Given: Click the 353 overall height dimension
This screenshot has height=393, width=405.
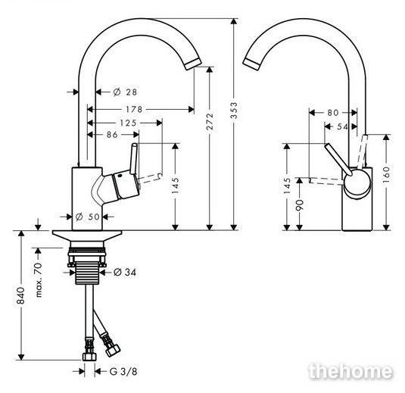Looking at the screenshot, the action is (x=234, y=111).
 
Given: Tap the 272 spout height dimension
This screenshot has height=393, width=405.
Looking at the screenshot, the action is (x=210, y=120).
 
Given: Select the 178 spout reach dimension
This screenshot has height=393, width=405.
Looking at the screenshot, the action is (x=134, y=109).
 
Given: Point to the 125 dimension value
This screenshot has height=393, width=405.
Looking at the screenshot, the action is (x=128, y=123).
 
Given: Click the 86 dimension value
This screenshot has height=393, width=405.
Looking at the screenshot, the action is (x=112, y=135).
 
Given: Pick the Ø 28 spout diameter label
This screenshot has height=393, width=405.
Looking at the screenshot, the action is (x=125, y=92).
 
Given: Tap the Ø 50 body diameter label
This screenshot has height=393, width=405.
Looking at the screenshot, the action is (x=88, y=217).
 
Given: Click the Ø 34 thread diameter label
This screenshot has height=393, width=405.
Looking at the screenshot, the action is (x=125, y=272).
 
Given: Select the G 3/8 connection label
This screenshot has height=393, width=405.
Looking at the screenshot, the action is (x=123, y=372).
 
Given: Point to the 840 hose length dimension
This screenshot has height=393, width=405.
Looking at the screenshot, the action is (x=20, y=295).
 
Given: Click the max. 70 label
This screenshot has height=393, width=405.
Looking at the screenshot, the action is (x=39, y=280).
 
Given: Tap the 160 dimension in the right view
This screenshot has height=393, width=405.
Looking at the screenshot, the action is (x=386, y=175).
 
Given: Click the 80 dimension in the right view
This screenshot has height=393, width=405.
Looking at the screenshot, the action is (x=333, y=113).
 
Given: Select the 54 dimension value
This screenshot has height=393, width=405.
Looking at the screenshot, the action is (x=343, y=126).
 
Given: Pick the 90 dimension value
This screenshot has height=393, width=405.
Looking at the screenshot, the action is (x=299, y=205).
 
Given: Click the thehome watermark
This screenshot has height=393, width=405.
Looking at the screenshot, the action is (x=350, y=371).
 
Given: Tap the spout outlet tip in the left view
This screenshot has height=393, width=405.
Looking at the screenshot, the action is (x=193, y=64).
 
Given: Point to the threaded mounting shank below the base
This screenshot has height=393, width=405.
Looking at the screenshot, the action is (x=87, y=273).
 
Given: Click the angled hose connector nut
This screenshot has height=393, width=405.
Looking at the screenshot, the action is (x=113, y=350).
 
